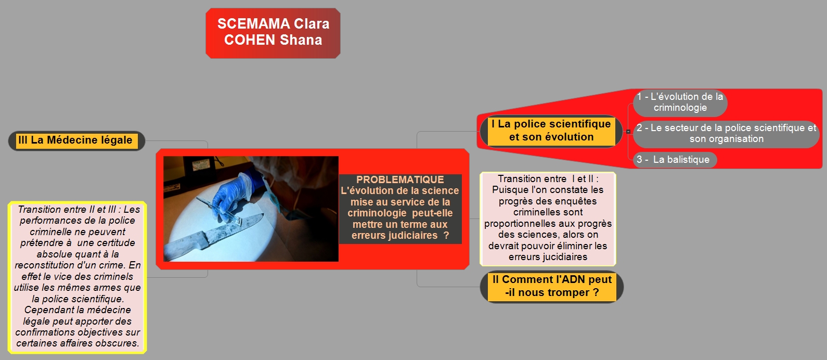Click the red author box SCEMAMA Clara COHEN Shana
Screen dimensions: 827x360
[x=273, y=33]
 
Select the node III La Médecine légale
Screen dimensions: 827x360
[x=76, y=140]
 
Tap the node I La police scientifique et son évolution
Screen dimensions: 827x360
[x=551, y=131]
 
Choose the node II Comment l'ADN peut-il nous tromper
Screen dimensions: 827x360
[x=551, y=287]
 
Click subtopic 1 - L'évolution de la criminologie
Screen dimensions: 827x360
[x=680, y=102]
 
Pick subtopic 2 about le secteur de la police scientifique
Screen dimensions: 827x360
[x=726, y=134]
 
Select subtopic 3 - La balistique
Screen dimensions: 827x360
[x=675, y=160]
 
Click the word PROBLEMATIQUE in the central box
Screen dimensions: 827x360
[x=400, y=179]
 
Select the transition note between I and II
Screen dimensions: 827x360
[x=548, y=218]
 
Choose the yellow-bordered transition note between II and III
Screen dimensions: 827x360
[x=77, y=277]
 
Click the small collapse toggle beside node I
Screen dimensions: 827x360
[x=628, y=132]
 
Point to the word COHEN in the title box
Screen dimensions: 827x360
[x=250, y=40]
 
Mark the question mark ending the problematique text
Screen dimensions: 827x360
[x=446, y=235]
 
